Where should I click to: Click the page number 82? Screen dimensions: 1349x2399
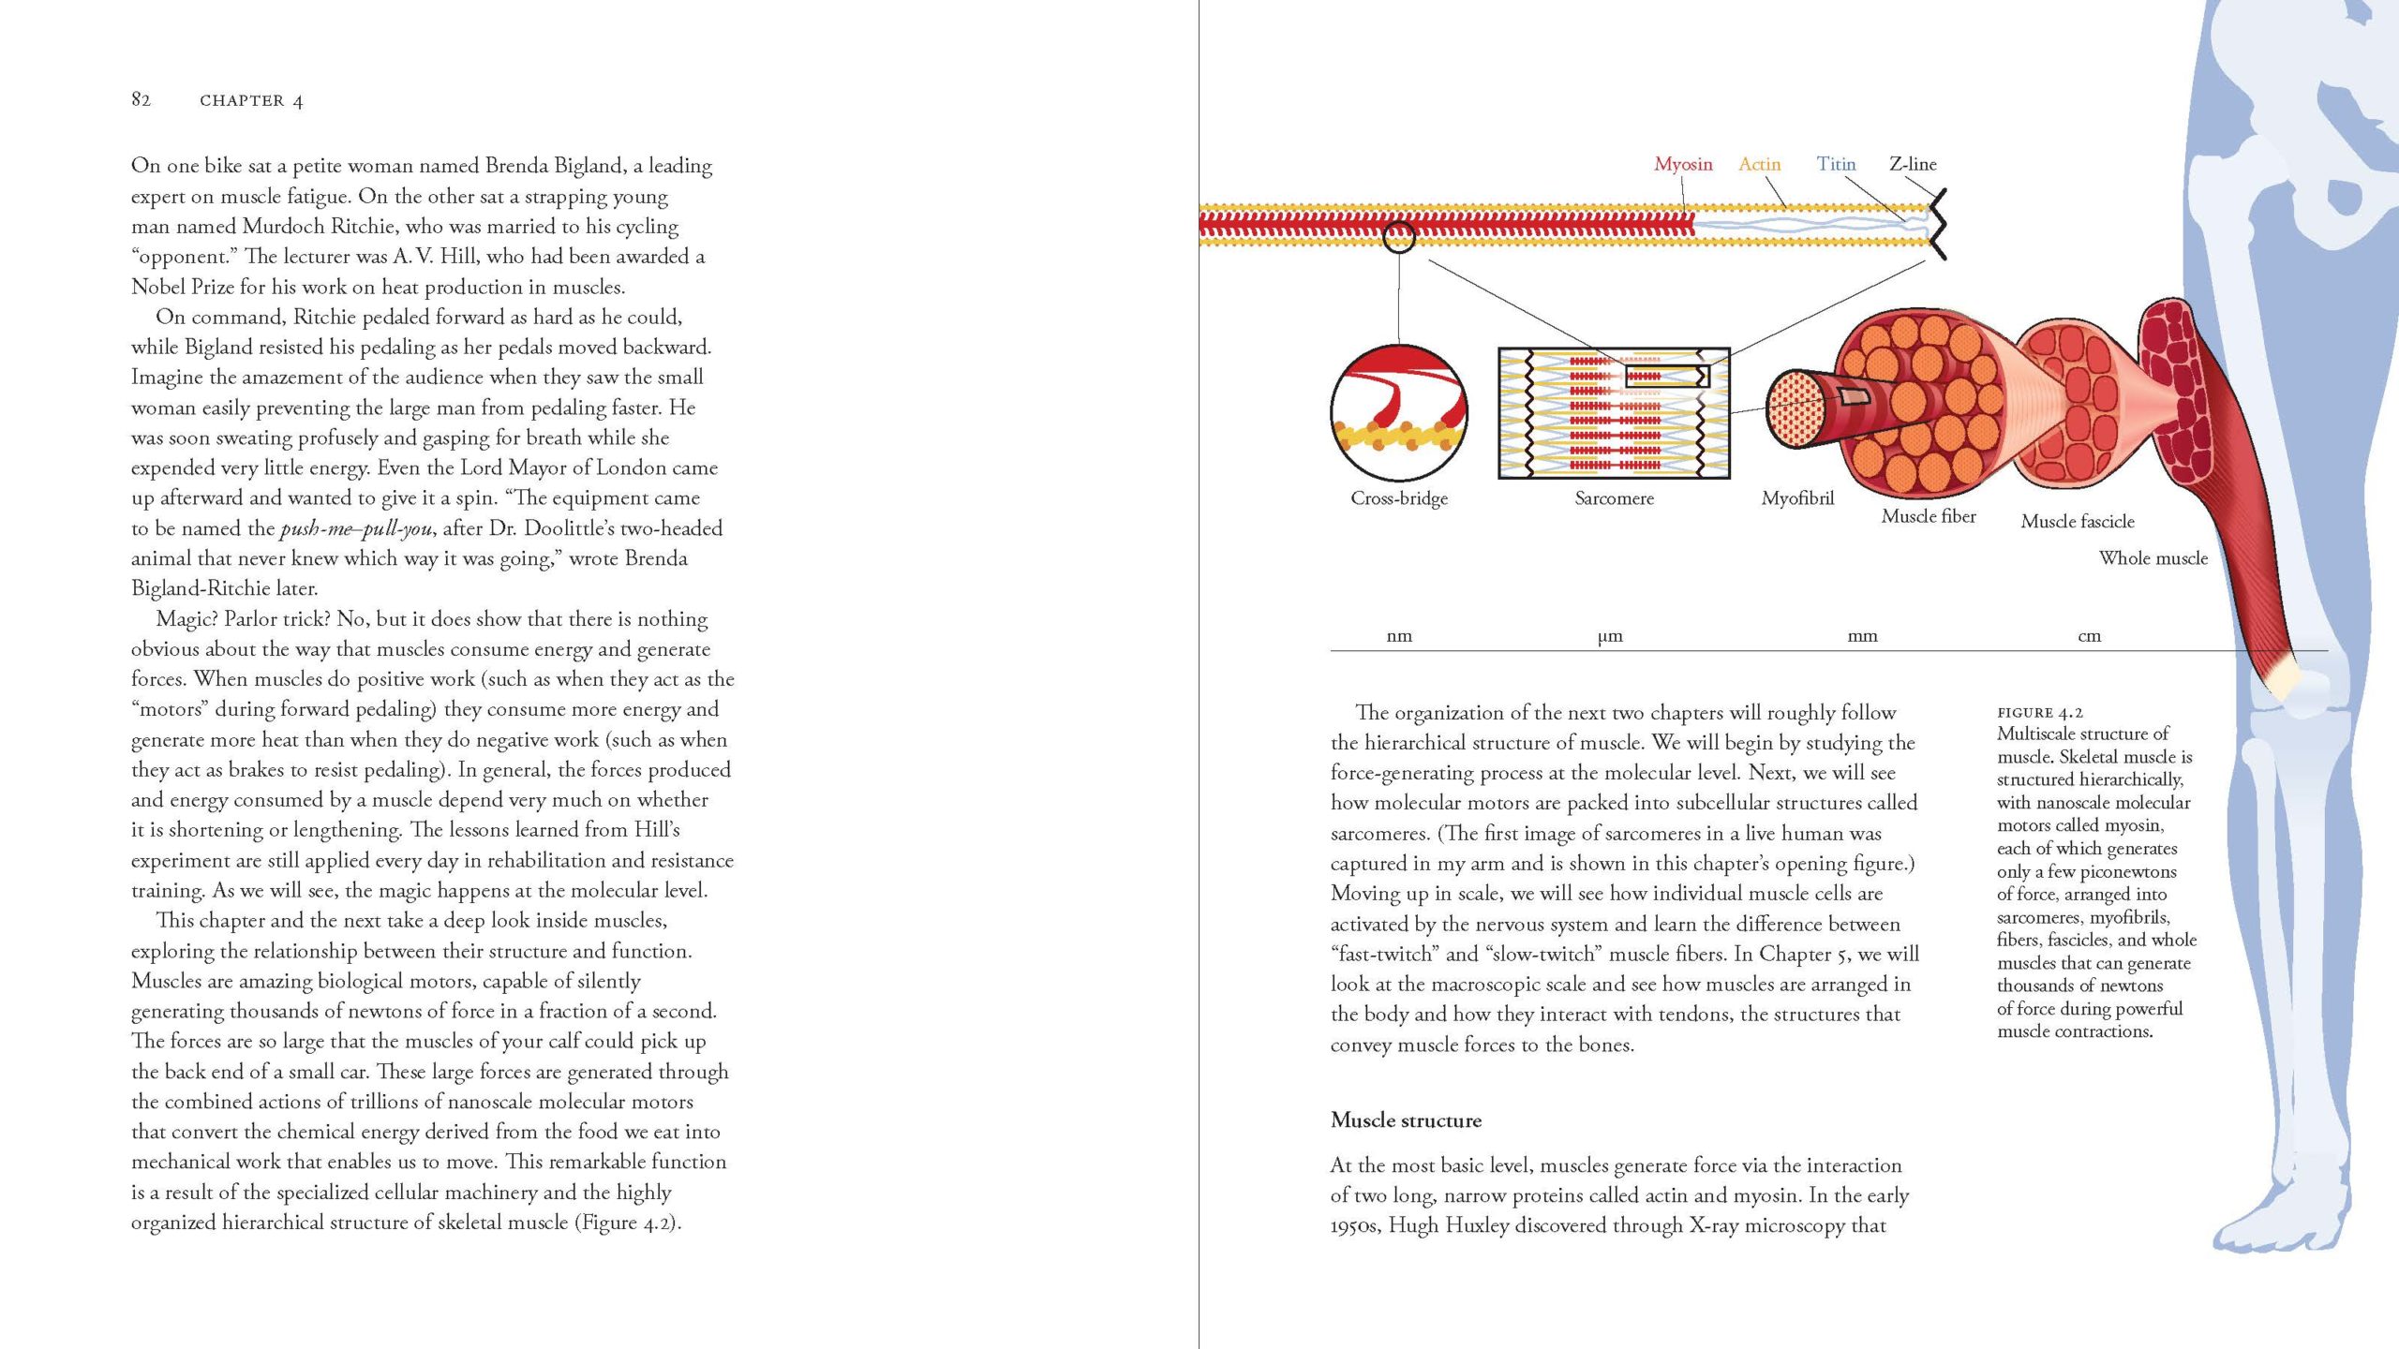coord(141,99)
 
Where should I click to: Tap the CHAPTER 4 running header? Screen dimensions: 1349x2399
coord(251,100)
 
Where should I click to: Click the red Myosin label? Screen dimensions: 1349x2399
coord(1682,164)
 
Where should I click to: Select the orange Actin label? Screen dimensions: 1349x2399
coord(1759,164)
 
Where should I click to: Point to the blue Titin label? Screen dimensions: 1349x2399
coord(1835,164)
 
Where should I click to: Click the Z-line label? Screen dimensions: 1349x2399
coord(1912,164)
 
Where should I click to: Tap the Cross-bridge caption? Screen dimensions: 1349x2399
coord(1398,498)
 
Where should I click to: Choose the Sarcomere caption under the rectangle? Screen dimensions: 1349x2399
coord(1614,498)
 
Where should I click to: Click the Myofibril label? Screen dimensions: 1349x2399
coord(1796,498)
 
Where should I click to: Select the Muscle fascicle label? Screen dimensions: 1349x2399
coord(2077,522)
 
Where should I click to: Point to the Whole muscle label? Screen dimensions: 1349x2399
coord(2153,558)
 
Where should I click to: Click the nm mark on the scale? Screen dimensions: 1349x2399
coord(1398,636)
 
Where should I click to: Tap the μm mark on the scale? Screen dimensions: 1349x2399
coord(1609,637)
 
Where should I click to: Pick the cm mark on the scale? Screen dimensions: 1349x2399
coord(2089,636)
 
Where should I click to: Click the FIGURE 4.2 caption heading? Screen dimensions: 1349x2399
coord(2039,712)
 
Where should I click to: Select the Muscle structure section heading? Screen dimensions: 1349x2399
coord(1406,1120)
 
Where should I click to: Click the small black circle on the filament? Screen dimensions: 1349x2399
coord(1398,237)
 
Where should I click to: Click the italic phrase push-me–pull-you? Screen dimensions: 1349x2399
coord(356,528)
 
